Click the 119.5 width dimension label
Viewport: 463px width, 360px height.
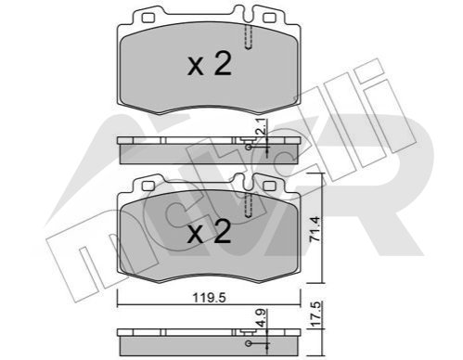point(210,298)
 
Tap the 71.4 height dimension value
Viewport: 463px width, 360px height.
point(315,229)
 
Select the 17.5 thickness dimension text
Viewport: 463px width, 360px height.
point(315,314)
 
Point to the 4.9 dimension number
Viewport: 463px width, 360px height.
point(263,318)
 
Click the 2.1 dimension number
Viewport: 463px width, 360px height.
point(263,127)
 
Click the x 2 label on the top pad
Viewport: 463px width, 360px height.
point(210,64)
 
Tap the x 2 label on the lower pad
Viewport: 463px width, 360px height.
point(210,232)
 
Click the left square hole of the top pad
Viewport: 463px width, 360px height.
point(148,18)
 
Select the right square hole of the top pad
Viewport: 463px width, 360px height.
point(269,18)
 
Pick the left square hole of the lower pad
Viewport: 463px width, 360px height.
point(148,186)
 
